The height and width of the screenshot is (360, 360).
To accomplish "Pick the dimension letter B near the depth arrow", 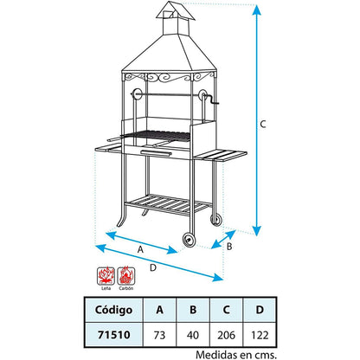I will (229, 245).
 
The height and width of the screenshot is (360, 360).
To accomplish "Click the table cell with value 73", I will (158, 333).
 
